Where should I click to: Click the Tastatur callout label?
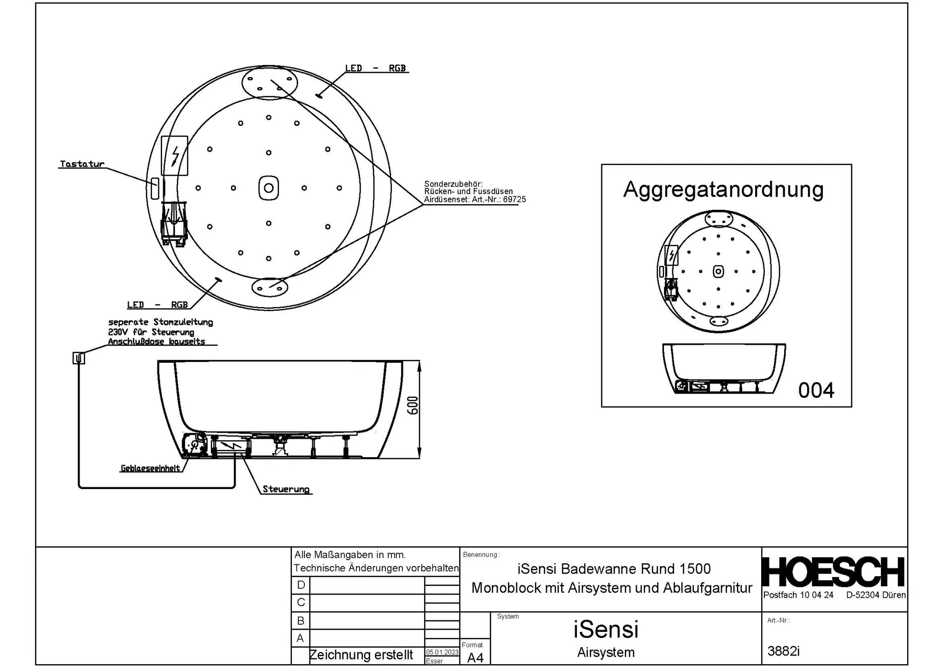click(x=82, y=164)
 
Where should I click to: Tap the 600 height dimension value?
click(x=413, y=405)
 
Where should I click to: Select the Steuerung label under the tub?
click(x=286, y=489)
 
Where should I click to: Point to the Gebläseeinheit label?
click(x=150, y=468)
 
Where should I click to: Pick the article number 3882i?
click(x=783, y=651)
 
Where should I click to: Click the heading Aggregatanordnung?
click(x=723, y=189)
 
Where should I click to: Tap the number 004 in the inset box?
click(x=816, y=390)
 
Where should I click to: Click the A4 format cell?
click(x=475, y=658)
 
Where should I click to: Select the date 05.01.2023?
click(x=442, y=652)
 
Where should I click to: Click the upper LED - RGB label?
click(x=375, y=68)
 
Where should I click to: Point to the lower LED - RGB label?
click(x=157, y=305)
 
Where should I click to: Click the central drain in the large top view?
click(x=269, y=188)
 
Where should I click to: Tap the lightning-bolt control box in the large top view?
click(x=175, y=156)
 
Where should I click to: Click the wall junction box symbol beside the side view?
click(x=79, y=358)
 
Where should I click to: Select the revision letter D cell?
click(x=301, y=585)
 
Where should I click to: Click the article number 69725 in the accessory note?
click(x=514, y=200)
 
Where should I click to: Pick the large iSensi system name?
click(x=605, y=629)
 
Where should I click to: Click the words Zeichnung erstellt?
click(x=361, y=655)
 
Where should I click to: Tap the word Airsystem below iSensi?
click(x=605, y=652)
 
